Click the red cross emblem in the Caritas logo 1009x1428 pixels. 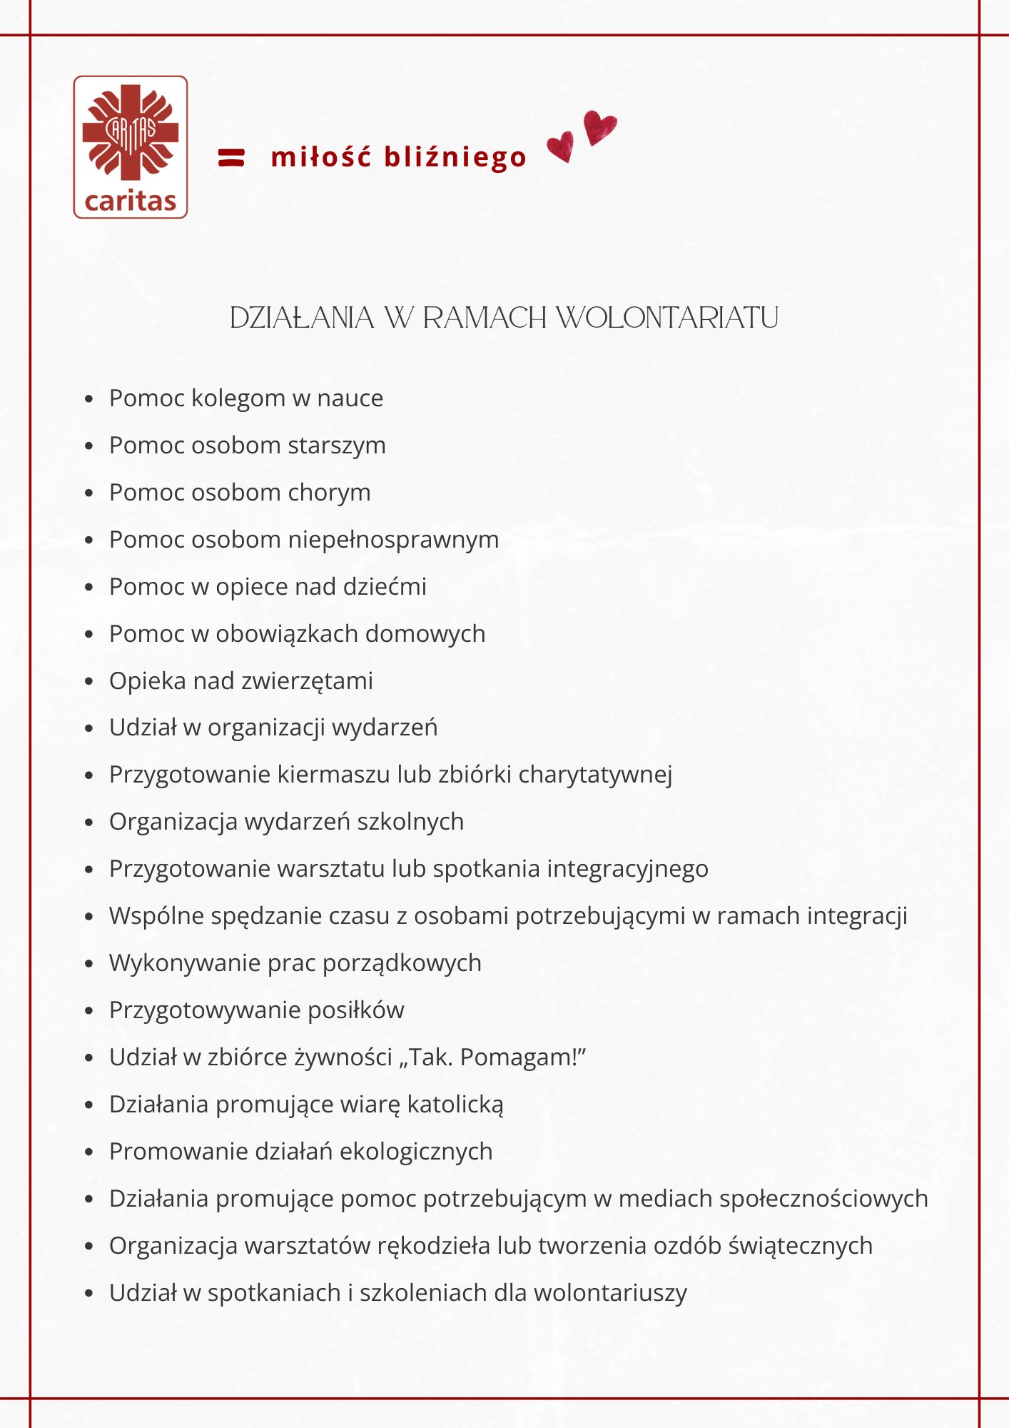point(130,133)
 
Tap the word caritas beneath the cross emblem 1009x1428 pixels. point(130,201)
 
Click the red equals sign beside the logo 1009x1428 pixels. point(231,157)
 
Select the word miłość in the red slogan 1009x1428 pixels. point(322,156)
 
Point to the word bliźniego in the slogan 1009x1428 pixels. point(455,158)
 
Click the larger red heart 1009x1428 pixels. point(599,127)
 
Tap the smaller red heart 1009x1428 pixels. point(561,146)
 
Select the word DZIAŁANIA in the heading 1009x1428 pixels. point(302,318)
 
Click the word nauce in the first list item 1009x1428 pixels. point(350,398)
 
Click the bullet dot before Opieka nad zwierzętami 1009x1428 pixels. point(88,681)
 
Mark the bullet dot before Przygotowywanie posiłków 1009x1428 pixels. point(88,1010)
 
